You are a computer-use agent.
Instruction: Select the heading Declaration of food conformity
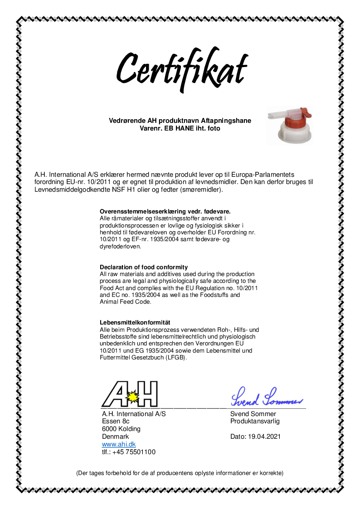pyautogui.click(x=144, y=267)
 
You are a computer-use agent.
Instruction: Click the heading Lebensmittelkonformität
pyautogui.click(x=135, y=322)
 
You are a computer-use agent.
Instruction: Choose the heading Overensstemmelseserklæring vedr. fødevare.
pyautogui.click(x=165, y=212)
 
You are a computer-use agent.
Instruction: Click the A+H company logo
pyautogui.click(x=130, y=394)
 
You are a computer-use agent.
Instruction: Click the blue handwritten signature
pyautogui.click(x=266, y=398)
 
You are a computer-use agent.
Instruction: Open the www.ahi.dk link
pyautogui.click(x=119, y=444)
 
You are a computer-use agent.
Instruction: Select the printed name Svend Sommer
pyautogui.click(x=253, y=414)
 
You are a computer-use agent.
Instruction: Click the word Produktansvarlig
pyautogui.click(x=255, y=421)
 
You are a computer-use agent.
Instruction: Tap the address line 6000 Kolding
pyautogui.click(x=121, y=429)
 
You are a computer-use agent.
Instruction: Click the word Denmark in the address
pyautogui.click(x=115, y=436)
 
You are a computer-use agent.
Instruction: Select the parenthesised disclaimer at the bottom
pyautogui.click(x=180, y=473)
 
